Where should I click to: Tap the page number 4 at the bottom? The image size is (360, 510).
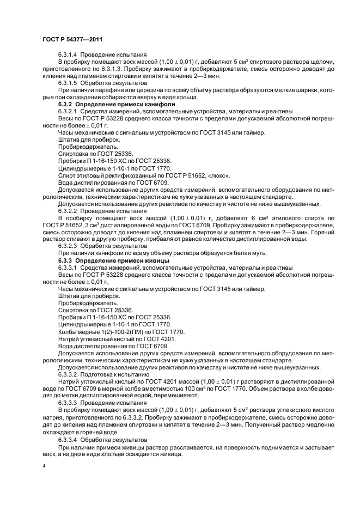pos(44,466)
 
